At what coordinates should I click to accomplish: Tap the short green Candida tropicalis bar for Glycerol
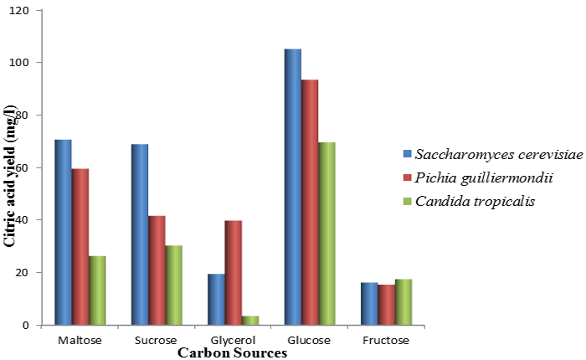(249, 320)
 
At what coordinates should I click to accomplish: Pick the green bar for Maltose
(97, 290)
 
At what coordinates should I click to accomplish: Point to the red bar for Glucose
(309, 202)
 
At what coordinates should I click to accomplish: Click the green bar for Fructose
(403, 301)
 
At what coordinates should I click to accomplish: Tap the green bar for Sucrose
(173, 285)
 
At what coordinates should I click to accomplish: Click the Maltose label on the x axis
(80, 341)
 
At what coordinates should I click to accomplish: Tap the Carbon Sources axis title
(232, 353)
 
